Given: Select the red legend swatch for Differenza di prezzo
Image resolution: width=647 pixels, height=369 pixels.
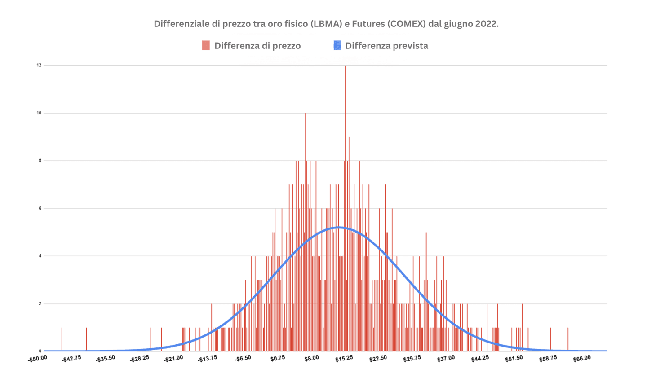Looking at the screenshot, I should pyautogui.click(x=206, y=45).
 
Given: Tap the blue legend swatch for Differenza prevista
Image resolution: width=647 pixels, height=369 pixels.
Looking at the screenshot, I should pyautogui.click(x=337, y=45).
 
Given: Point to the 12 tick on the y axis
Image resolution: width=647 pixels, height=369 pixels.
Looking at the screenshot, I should pyautogui.click(x=39, y=65).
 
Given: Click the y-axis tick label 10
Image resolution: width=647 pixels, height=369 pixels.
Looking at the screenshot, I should pyautogui.click(x=39, y=113).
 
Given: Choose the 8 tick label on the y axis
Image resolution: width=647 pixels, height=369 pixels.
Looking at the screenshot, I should pyautogui.click(x=40, y=161).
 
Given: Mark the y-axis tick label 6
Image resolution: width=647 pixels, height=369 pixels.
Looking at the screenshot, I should pyautogui.click(x=40, y=208).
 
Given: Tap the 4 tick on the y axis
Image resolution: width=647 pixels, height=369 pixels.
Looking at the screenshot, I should pyautogui.click(x=40, y=256).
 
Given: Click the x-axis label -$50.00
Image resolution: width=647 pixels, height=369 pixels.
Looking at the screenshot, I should pyautogui.click(x=37, y=360).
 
